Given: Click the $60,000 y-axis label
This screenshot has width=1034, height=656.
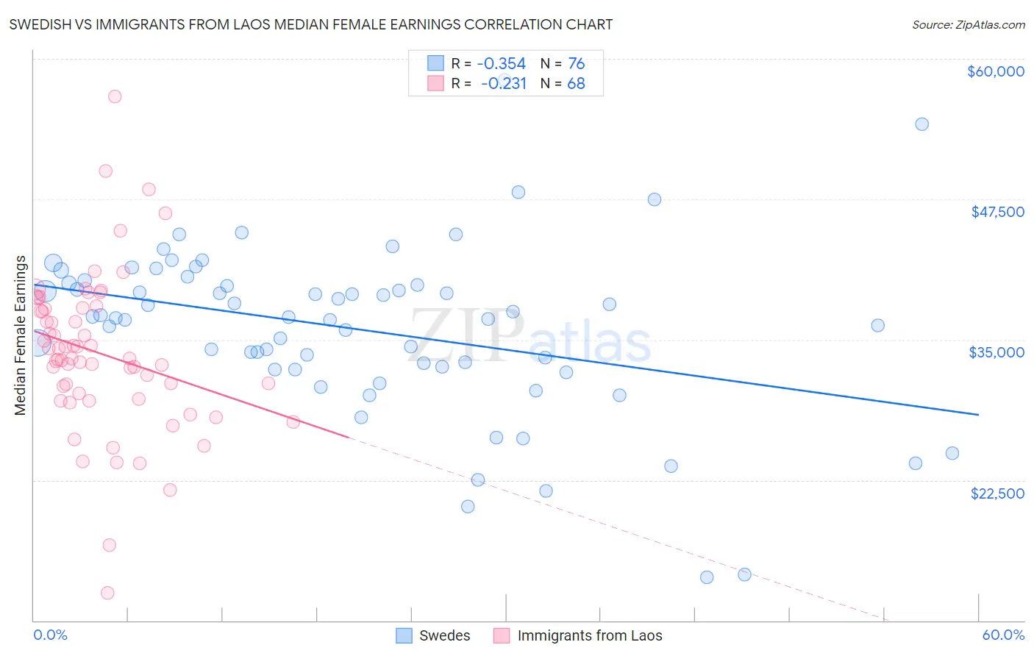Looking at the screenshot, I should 995,71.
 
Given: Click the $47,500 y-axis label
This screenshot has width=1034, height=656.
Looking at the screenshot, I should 997,212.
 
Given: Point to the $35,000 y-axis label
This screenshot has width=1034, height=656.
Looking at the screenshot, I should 996,352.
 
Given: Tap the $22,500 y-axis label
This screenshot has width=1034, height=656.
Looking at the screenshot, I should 997,493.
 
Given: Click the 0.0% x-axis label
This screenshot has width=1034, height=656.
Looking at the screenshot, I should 50,635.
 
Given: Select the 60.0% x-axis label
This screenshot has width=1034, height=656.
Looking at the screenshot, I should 1003,635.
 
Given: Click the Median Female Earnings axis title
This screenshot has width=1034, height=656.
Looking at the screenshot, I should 21,335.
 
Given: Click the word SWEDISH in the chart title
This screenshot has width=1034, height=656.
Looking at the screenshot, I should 43,25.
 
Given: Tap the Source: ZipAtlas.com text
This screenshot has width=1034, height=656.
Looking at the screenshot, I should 968,25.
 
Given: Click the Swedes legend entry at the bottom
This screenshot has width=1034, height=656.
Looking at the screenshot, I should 444,635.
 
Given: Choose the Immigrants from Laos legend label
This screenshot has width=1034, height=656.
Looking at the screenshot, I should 590,635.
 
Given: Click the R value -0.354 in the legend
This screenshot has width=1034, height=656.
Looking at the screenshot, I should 502,64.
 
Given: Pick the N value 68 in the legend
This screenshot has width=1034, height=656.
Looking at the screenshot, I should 576,84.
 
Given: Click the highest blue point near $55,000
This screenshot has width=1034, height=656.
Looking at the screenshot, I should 921,124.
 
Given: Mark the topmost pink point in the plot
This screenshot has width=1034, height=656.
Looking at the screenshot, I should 115,96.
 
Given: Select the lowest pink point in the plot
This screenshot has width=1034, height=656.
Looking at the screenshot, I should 107,593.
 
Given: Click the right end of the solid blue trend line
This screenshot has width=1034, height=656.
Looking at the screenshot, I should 978,415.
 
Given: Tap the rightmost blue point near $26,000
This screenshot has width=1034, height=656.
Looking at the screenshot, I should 952,453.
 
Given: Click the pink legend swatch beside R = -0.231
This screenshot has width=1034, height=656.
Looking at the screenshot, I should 435,83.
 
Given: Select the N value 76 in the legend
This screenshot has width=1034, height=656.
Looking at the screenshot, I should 576,64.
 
